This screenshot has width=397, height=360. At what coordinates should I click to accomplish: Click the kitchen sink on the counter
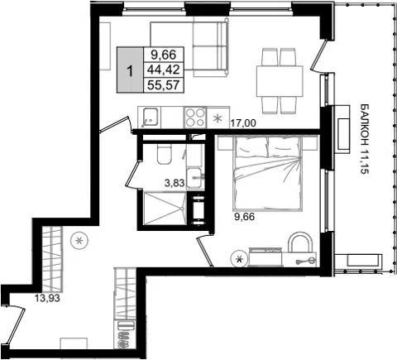click(x=150, y=118)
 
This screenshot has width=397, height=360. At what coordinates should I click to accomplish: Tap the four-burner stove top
click(x=195, y=118)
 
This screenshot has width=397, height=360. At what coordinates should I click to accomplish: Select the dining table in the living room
click(x=280, y=81)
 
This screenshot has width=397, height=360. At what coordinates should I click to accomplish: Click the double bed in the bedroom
click(x=267, y=174)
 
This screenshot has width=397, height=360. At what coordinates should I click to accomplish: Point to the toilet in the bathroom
click(x=165, y=154)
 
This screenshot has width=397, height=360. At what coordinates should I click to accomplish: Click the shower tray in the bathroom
click(x=165, y=209)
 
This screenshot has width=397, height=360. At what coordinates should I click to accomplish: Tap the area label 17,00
click(x=243, y=122)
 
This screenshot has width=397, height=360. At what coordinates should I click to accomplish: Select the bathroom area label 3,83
click(x=175, y=183)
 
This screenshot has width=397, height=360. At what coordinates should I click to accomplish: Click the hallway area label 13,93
click(x=47, y=298)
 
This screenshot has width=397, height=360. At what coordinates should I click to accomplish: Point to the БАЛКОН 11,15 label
click(x=364, y=139)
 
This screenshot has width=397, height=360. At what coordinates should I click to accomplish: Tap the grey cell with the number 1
click(x=130, y=70)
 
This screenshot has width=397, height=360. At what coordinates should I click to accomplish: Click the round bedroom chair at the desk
click(x=300, y=242)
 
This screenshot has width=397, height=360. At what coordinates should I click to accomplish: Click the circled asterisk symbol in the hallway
click(x=79, y=241)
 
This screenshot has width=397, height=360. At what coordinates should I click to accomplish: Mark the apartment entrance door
click(x=16, y=325)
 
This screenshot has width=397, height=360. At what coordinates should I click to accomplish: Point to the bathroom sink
click(x=195, y=178)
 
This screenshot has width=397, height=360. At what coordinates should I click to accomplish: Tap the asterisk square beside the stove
click(x=218, y=118)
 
